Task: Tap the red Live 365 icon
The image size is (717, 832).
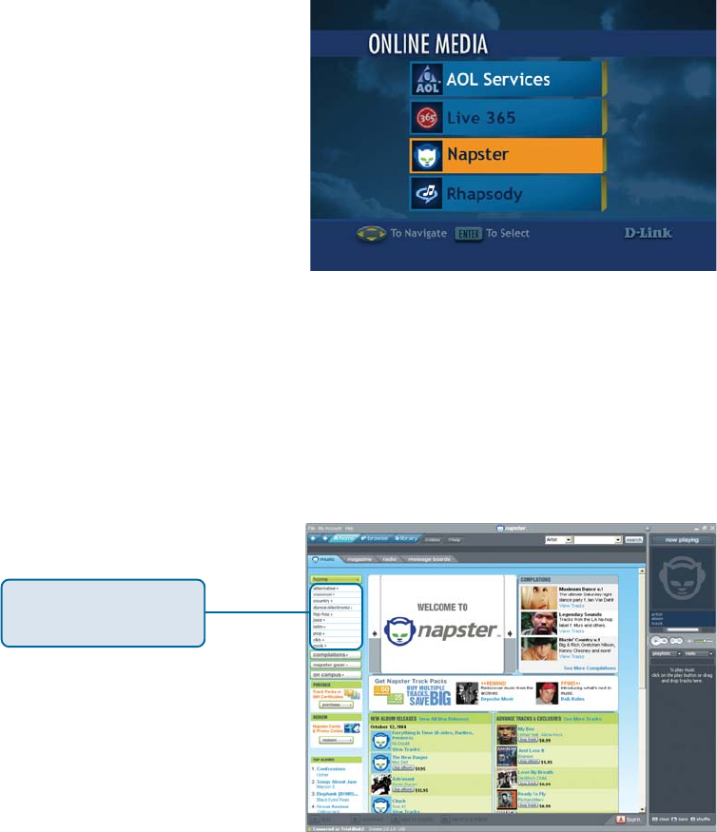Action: (425, 118)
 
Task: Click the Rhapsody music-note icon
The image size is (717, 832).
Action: (425, 194)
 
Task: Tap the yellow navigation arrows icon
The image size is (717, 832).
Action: (371, 233)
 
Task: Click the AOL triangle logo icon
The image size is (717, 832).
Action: (425, 80)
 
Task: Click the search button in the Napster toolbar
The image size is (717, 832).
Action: (633, 539)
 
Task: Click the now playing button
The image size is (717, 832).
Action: (681, 539)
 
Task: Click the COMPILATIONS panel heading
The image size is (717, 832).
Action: (536, 579)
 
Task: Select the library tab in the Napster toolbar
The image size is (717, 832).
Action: (407, 538)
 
